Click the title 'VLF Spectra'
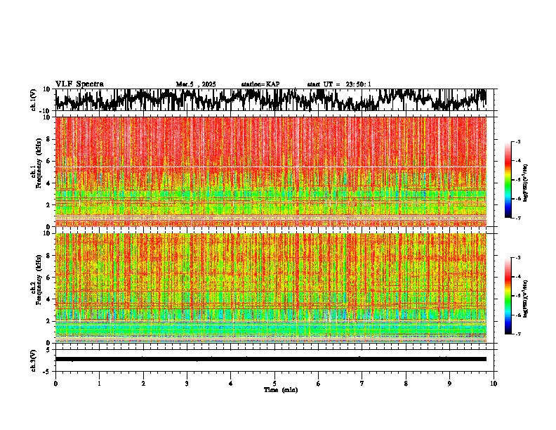79,84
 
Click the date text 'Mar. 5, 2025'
196,84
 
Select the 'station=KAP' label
260,84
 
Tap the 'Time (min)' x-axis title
280,390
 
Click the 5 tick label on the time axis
274,383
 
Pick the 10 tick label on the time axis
494,383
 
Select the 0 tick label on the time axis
55,383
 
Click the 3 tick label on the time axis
187,383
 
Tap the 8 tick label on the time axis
406,383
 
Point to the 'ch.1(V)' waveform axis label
34,100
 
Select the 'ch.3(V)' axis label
34,359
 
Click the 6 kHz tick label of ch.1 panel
48,161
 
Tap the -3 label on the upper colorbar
518,143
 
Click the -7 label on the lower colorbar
518,334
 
